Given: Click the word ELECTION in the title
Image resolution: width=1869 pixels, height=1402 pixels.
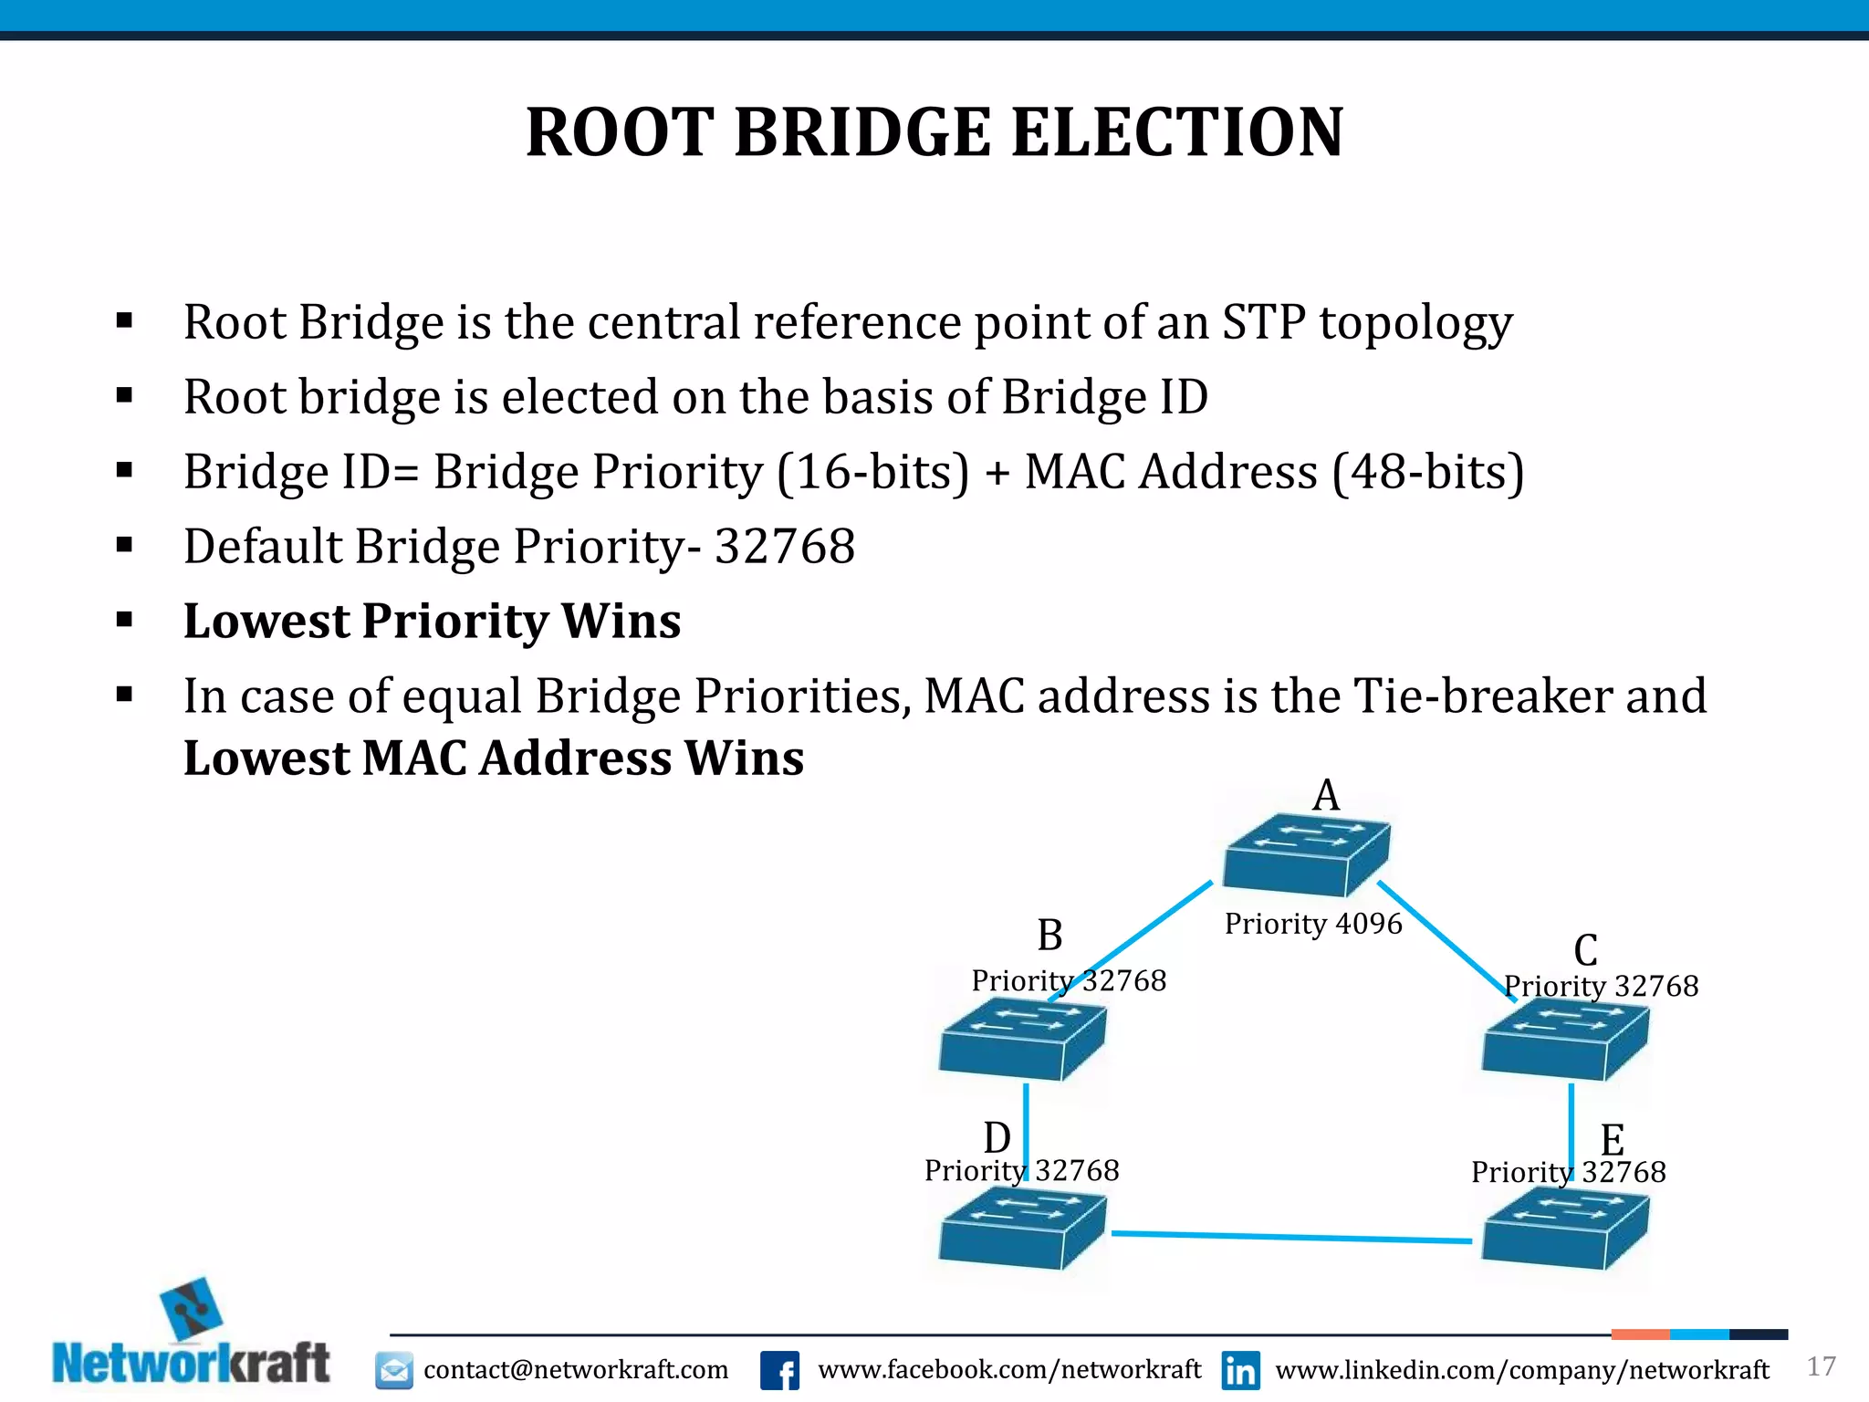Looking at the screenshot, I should (x=1177, y=132).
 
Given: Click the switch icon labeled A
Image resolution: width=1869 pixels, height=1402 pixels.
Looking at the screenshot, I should (x=1305, y=854).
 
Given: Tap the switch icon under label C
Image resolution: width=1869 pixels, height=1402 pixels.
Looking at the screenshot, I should (x=1564, y=1041).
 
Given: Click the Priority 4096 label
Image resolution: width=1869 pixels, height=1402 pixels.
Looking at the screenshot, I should (x=1312, y=924).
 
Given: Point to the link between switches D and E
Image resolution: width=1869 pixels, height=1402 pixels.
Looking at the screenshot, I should (x=1291, y=1237).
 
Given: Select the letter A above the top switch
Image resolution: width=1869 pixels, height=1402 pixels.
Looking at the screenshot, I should (x=1326, y=795).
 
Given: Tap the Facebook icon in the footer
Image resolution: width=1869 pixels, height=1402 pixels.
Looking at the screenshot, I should (x=779, y=1370).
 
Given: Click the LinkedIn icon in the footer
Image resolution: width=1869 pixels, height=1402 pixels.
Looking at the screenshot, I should (x=1240, y=1370).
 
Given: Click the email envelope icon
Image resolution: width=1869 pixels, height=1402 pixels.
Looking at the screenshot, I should (x=394, y=1370).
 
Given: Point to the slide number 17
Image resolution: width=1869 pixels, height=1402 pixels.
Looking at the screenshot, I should (x=1821, y=1366).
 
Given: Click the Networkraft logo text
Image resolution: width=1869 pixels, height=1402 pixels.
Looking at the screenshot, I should (x=192, y=1364).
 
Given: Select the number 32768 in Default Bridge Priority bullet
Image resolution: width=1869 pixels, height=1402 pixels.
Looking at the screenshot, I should (x=785, y=546).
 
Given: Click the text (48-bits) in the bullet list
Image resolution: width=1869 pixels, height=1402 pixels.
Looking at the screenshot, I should (x=1428, y=472).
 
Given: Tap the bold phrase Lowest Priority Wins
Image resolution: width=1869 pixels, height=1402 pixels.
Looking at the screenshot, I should (x=432, y=621).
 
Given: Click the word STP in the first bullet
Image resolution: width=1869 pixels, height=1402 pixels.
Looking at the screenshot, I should (x=1263, y=322).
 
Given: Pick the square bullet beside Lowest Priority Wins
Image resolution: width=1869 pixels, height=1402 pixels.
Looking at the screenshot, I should (x=125, y=621).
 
